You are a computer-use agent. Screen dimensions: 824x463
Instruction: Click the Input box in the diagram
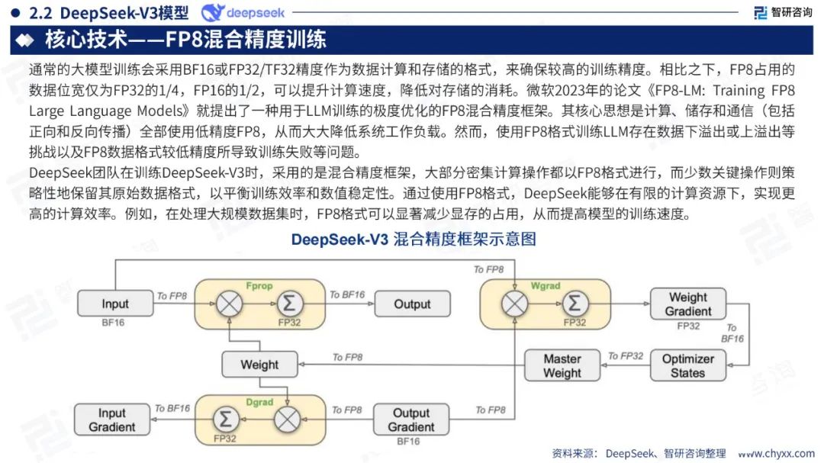(x=115, y=304)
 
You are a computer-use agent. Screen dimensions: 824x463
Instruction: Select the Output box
(x=412, y=304)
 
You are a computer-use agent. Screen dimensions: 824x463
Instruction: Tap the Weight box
(x=259, y=365)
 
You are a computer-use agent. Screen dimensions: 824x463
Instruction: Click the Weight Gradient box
(x=688, y=304)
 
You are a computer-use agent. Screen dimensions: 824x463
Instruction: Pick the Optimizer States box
(x=687, y=365)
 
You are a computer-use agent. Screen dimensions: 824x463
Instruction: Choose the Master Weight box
(x=562, y=365)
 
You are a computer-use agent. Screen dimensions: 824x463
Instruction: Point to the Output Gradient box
(x=411, y=420)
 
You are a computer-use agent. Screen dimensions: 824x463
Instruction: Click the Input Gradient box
(x=112, y=420)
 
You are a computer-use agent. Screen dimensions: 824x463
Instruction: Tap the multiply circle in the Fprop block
(x=228, y=304)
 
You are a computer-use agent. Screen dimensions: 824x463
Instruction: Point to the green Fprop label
(x=259, y=285)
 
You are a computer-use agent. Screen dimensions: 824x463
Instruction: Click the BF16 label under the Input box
(x=113, y=323)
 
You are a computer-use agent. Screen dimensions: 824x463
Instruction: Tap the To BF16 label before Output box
(x=346, y=294)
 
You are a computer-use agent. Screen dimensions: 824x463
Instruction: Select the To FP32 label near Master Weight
(x=626, y=355)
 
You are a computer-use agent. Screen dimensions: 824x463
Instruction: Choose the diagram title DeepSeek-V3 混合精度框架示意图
(x=413, y=239)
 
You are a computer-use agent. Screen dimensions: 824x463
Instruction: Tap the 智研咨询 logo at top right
(x=783, y=12)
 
